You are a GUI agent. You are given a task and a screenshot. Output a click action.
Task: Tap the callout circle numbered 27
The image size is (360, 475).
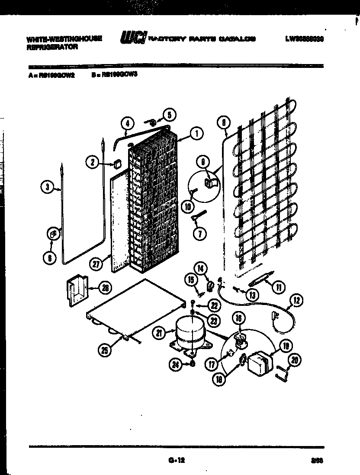coord(96,264)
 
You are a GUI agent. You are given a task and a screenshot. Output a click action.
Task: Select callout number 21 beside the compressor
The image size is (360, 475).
coord(159,332)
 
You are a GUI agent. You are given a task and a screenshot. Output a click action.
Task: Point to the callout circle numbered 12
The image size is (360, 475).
coord(298,300)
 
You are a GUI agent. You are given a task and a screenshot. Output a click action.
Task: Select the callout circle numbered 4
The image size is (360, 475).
coord(127,123)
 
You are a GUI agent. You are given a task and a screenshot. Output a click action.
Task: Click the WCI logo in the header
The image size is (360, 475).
coord(133,38)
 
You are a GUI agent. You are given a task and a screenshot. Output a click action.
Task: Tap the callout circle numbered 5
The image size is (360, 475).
coord(169,115)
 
